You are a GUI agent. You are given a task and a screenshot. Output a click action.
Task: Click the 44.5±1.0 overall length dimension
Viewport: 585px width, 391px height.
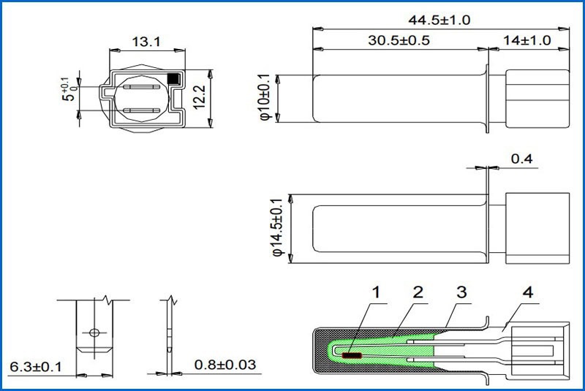(x=439, y=20)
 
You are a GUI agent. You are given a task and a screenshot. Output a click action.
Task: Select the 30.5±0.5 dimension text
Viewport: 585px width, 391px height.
(x=399, y=40)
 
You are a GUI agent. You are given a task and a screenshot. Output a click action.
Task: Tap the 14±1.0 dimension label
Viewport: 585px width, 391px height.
(x=527, y=40)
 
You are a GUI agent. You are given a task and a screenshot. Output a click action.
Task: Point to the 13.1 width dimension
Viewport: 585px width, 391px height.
(x=146, y=42)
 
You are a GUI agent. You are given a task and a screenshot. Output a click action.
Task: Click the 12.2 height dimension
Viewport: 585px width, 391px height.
(x=200, y=97)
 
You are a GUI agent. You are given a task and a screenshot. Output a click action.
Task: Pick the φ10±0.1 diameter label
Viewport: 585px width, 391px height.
(x=265, y=97)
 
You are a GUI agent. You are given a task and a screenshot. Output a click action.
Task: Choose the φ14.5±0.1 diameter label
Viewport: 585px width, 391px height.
(x=277, y=227)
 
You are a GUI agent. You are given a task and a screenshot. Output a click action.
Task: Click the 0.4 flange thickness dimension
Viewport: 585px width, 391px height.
(x=521, y=159)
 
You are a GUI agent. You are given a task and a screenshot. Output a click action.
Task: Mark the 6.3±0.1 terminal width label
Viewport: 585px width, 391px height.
(x=36, y=367)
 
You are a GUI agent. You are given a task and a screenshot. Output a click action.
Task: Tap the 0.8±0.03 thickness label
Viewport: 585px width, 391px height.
(x=225, y=365)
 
